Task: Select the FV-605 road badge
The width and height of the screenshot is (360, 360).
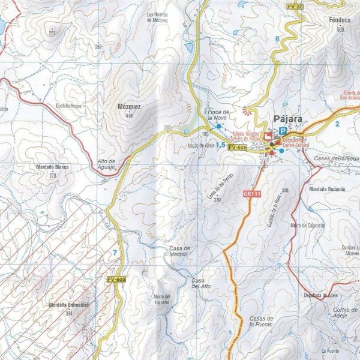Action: tap(238, 147)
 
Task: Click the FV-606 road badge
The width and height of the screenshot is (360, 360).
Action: tap(116, 280)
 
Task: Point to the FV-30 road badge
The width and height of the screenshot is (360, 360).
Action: tap(295, 6)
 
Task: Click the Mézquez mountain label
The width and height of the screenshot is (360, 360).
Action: tap(129, 107)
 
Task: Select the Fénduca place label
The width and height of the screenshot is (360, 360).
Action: tap(340, 19)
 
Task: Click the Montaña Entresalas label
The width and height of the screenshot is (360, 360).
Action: tap(68, 305)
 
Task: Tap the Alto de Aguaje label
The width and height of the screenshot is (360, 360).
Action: tap(109, 164)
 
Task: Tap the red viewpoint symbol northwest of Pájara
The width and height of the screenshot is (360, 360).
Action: tap(247, 110)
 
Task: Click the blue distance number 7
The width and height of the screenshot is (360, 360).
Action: tap(115, 253)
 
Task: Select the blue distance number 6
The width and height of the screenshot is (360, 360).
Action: tap(277, 39)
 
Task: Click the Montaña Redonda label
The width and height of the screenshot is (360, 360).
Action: tap(328, 189)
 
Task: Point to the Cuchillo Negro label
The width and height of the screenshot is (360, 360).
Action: tap(68, 106)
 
